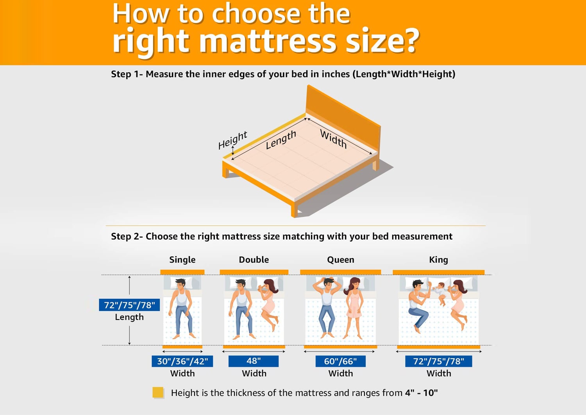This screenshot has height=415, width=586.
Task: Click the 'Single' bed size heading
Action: [x=182, y=260]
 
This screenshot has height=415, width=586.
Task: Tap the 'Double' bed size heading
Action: [x=254, y=260]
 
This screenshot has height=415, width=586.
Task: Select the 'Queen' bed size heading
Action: [x=341, y=260]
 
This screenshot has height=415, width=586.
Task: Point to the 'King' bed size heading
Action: [x=438, y=260]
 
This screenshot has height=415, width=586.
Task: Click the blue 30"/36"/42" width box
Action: [x=182, y=361]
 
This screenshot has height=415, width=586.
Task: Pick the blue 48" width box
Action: [x=254, y=361]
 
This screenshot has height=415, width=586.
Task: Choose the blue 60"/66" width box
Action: [x=340, y=361]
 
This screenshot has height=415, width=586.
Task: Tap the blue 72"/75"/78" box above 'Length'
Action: [x=129, y=305]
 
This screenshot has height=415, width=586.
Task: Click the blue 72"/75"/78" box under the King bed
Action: [x=439, y=361]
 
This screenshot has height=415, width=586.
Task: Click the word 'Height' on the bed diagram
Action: [x=232, y=140]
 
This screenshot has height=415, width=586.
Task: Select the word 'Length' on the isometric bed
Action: [x=281, y=140]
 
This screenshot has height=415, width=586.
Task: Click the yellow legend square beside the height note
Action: [x=158, y=392]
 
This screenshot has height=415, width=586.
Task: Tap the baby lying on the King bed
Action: [x=439, y=293]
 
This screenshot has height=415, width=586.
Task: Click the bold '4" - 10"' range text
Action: [x=421, y=393]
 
